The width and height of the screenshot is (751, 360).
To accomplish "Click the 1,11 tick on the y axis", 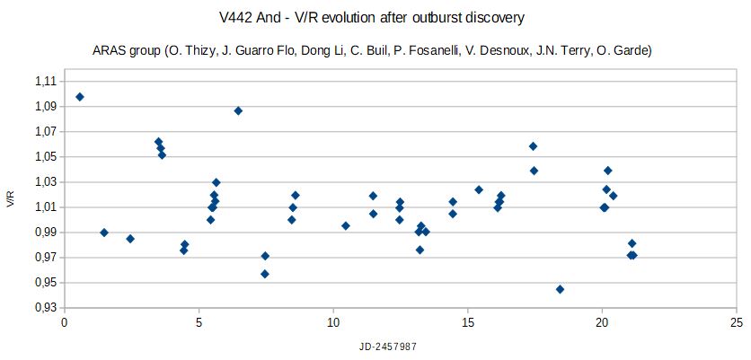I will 43,81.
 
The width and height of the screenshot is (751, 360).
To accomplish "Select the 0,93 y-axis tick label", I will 43,308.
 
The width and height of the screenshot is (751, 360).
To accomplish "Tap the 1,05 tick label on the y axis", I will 43,156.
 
